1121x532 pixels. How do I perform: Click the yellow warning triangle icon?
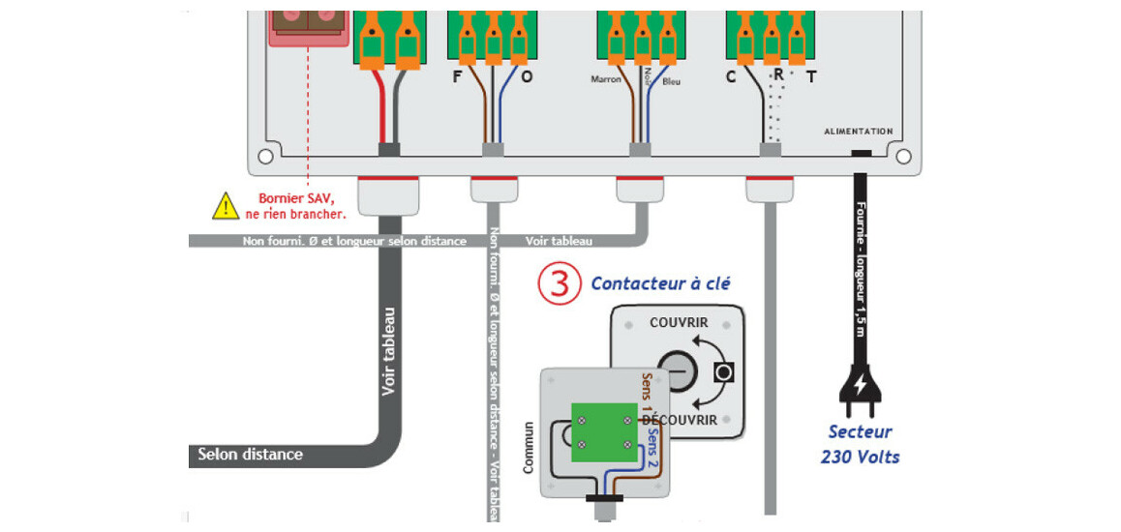click(226, 205)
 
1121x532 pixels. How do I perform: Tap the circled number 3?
click(559, 283)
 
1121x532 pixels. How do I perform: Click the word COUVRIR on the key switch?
click(679, 322)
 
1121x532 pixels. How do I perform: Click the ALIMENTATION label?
click(858, 132)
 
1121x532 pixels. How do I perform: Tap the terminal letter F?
click(458, 77)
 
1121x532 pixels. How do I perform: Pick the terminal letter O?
click(527, 77)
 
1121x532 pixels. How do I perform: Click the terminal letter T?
click(811, 77)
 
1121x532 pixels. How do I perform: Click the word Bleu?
click(672, 81)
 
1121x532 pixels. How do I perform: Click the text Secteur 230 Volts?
click(860, 444)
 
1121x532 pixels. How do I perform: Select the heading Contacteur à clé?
click(660, 283)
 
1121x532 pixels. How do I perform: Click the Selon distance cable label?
click(250, 454)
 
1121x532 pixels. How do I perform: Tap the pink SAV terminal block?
click(306, 22)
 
